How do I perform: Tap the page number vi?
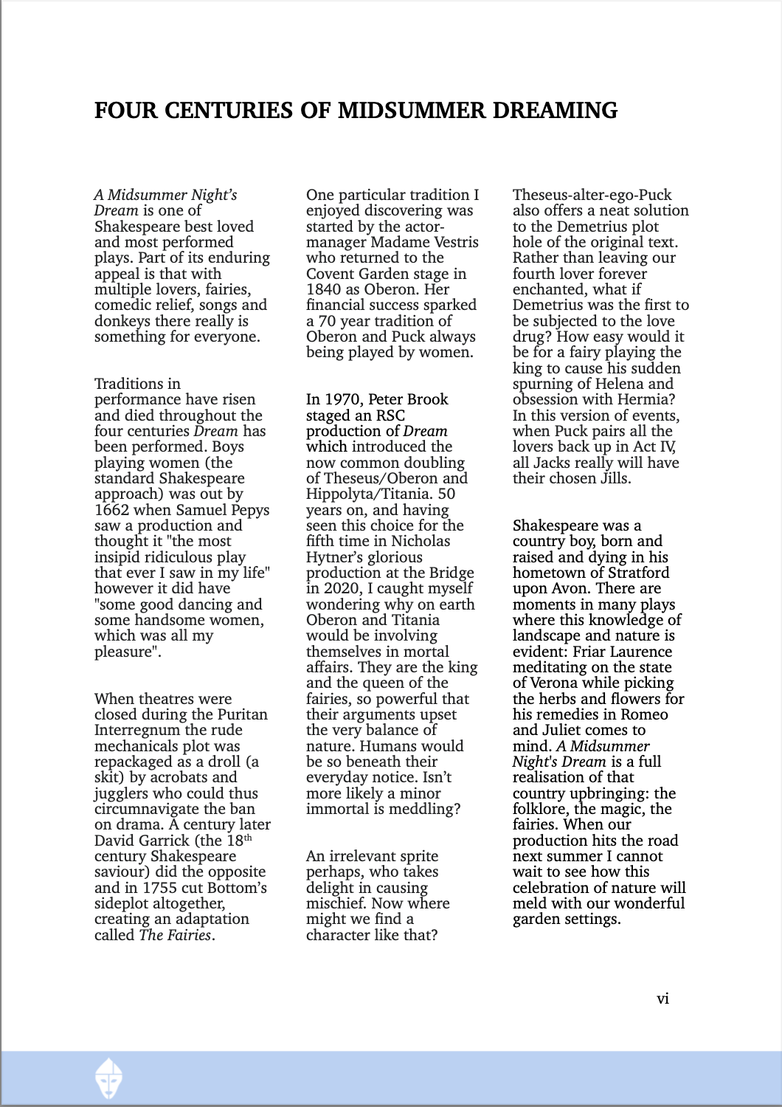(662, 999)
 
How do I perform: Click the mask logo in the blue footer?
(109, 1078)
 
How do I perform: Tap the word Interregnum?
(137, 730)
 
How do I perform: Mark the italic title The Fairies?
(175, 935)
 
